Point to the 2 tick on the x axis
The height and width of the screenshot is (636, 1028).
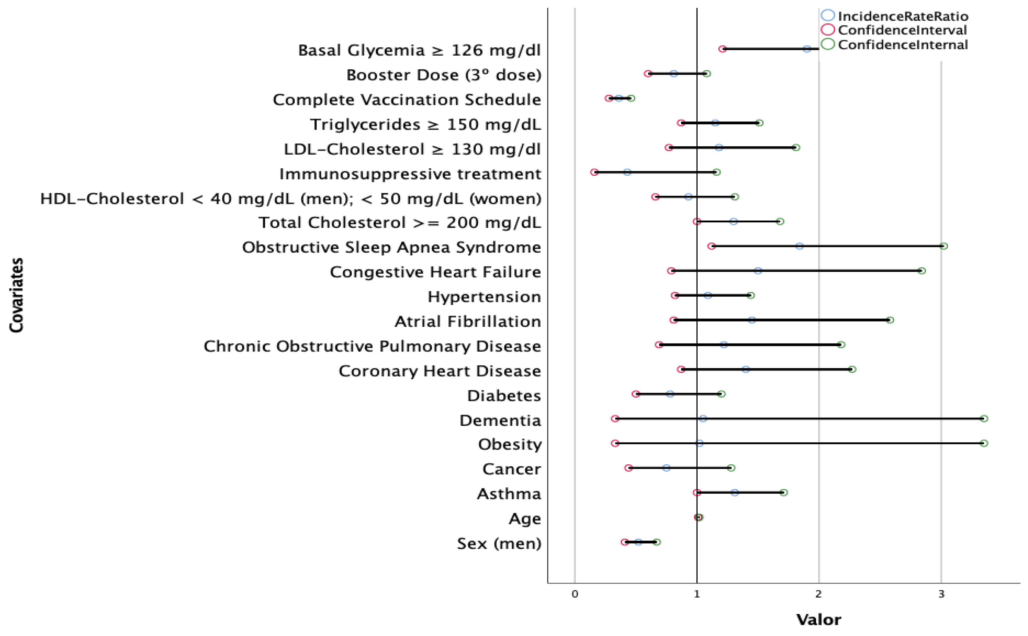pos(819,594)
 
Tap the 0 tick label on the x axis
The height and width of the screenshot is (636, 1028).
pos(575,594)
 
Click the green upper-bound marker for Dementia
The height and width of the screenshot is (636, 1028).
pos(984,418)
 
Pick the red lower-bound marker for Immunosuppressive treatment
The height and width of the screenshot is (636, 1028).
pos(594,172)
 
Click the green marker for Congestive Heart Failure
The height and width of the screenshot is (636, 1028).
pos(922,271)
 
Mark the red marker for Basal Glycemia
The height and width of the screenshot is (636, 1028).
pos(722,49)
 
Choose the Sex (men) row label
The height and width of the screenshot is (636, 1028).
pos(499,543)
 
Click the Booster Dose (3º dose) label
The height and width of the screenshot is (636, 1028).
pos(443,75)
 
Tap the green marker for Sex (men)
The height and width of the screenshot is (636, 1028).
pos(657,542)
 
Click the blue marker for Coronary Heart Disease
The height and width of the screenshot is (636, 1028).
pos(745,369)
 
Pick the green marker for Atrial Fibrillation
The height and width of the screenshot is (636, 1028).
pos(890,320)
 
